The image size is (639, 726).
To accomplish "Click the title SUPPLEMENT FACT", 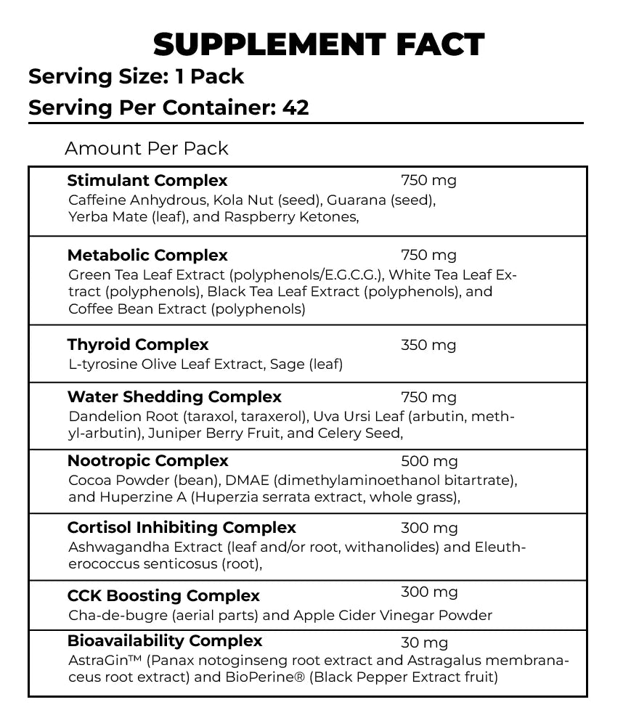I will pyautogui.click(x=319, y=45).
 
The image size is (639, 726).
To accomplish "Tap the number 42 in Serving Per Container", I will pyautogui.click(x=296, y=107).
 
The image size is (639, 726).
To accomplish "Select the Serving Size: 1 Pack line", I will pyautogui.click(x=136, y=76).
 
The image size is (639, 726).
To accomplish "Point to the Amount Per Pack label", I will pyautogui.click(x=147, y=148).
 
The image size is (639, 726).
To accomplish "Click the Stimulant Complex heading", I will pyautogui.click(x=147, y=180).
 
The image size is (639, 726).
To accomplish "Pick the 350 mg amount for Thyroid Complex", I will pyautogui.click(x=428, y=345).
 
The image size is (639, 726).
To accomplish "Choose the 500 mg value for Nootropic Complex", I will pyautogui.click(x=428, y=461).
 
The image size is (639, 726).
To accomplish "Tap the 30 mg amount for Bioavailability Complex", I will pyautogui.click(x=424, y=643).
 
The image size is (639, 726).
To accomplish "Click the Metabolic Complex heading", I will pyautogui.click(x=147, y=256).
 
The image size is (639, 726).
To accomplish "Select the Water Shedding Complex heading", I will pyautogui.click(x=174, y=397).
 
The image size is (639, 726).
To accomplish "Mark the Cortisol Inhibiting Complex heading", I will pyautogui.click(x=182, y=528).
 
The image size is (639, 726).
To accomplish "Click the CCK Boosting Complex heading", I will pyautogui.click(x=163, y=596).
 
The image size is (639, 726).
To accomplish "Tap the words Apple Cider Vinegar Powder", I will pyautogui.click(x=393, y=616).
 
